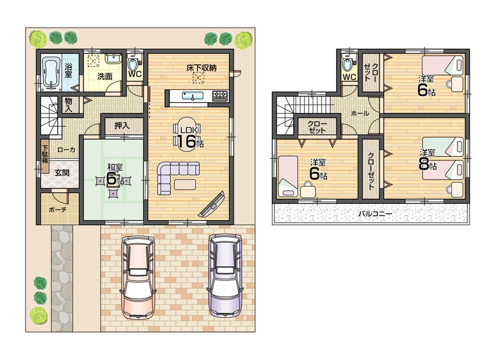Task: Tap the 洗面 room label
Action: coord(105,77)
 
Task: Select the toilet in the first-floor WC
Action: coord(133,64)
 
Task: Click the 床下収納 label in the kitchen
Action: coord(201,67)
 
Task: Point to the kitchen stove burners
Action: coord(220,95)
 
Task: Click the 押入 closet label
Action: coord(122,125)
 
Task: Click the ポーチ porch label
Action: coord(58,210)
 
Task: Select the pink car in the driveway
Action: coord(138,275)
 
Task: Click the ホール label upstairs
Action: coord(360,114)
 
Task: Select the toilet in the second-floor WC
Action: coord(348,64)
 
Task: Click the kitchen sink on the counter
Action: coord(192,96)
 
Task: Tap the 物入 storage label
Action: coord(69,104)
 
